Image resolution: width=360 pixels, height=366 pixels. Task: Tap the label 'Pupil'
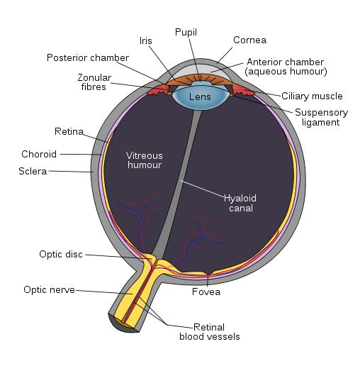pyautogui.click(x=186, y=32)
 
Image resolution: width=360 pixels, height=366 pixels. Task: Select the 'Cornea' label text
pyautogui.click(x=250, y=40)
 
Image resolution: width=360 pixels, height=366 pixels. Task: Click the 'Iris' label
pyautogui.click(x=145, y=42)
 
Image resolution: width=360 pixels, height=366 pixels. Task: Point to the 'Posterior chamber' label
pyautogui.click(x=88, y=57)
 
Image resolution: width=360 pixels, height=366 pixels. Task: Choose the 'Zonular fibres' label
pyautogui.click(x=93, y=82)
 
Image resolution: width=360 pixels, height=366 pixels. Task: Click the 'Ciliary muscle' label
pyautogui.click(x=312, y=96)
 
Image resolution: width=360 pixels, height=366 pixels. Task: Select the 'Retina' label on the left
pyautogui.click(x=69, y=131)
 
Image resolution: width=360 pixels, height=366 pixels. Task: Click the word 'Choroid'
pyautogui.click(x=38, y=153)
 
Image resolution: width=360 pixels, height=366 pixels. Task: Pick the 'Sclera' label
pyautogui.click(x=33, y=171)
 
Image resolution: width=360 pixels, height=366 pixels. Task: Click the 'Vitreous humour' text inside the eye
pyautogui.click(x=144, y=160)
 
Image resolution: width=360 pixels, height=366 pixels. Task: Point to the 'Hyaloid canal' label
pyautogui.click(x=238, y=203)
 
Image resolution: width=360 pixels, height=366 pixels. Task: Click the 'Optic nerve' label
pyautogui.click(x=49, y=289)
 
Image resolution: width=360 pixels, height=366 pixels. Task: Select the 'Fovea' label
pyautogui.click(x=206, y=292)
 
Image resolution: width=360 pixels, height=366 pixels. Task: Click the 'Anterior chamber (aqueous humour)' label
pyautogui.click(x=285, y=67)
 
